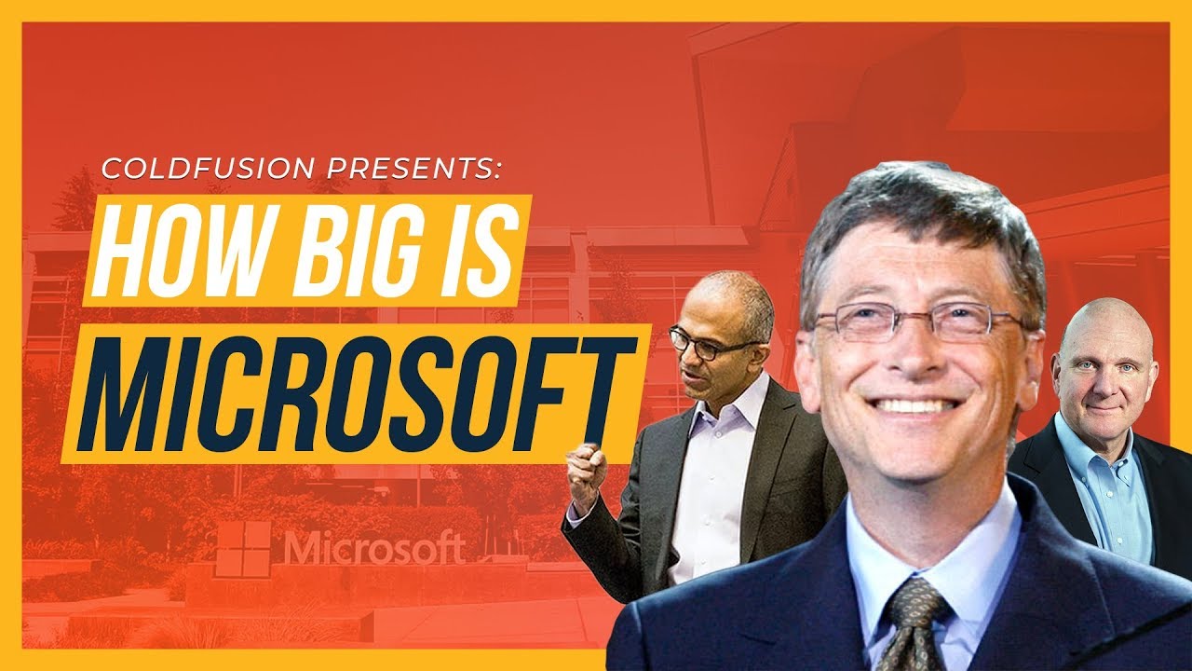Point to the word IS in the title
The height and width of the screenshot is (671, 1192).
472,250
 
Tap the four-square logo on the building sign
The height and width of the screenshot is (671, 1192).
243,548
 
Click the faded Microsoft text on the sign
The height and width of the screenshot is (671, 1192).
374,547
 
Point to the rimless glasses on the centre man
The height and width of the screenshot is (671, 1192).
917,321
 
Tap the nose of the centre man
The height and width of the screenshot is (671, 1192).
922,359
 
